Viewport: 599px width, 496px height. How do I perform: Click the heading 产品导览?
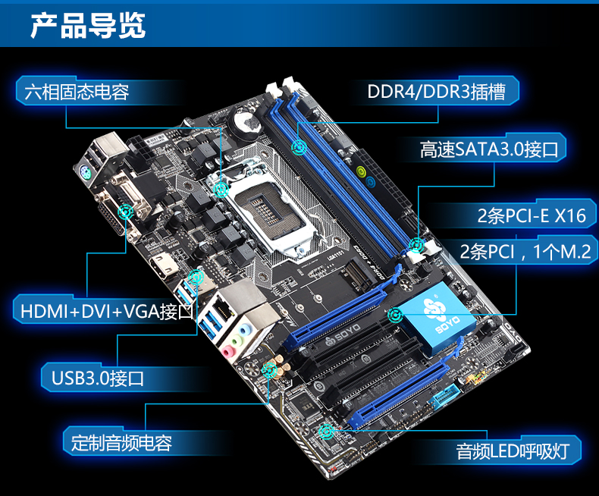click(x=88, y=26)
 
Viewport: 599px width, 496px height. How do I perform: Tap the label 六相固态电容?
click(x=77, y=92)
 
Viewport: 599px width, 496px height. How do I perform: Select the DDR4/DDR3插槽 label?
click(x=436, y=92)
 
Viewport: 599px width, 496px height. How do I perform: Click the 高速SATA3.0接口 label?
click(x=489, y=149)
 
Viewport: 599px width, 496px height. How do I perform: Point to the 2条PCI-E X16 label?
click(x=532, y=216)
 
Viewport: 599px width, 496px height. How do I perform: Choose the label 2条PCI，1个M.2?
click(x=525, y=252)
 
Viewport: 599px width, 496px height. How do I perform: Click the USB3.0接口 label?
click(x=98, y=378)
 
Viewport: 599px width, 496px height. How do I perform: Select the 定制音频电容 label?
click(x=121, y=443)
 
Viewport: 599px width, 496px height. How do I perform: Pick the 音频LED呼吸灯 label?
click(x=513, y=451)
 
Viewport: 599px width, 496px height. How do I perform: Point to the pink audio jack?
click(x=228, y=351)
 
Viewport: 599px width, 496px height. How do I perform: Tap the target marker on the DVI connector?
click(x=125, y=212)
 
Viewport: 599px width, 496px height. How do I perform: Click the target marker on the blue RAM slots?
click(x=299, y=146)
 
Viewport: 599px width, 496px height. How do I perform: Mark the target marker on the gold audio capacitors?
click(x=270, y=370)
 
